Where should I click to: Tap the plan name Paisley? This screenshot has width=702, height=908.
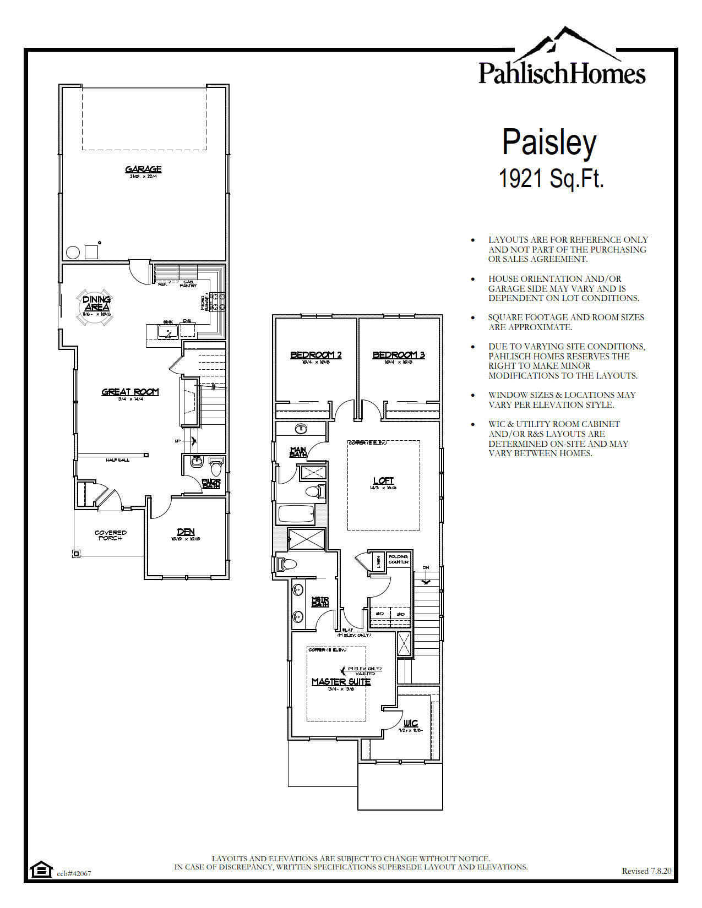pos(549,143)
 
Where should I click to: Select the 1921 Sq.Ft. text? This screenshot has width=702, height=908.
pos(551,178)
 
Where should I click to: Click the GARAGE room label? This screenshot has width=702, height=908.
pos(143,169)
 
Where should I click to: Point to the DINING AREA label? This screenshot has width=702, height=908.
pos(97,303)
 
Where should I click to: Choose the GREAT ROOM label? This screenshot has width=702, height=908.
pos(130,392)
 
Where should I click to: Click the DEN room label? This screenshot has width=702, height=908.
pos(186,532)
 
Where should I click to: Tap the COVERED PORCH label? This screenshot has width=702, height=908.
pos(111,535)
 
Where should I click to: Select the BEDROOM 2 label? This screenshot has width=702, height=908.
pos(316,355)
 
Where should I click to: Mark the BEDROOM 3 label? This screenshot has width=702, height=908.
pos(399,355)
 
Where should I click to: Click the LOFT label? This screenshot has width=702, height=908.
pos(383,481)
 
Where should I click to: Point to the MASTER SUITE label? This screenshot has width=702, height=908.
pos(341,682)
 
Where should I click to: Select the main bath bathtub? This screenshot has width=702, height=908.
pos(296,515)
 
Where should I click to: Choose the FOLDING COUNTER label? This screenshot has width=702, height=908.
pos(399,559)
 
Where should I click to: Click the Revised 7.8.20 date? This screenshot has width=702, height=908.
pos(646,871)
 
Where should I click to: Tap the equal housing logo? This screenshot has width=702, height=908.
pos(40,869)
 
